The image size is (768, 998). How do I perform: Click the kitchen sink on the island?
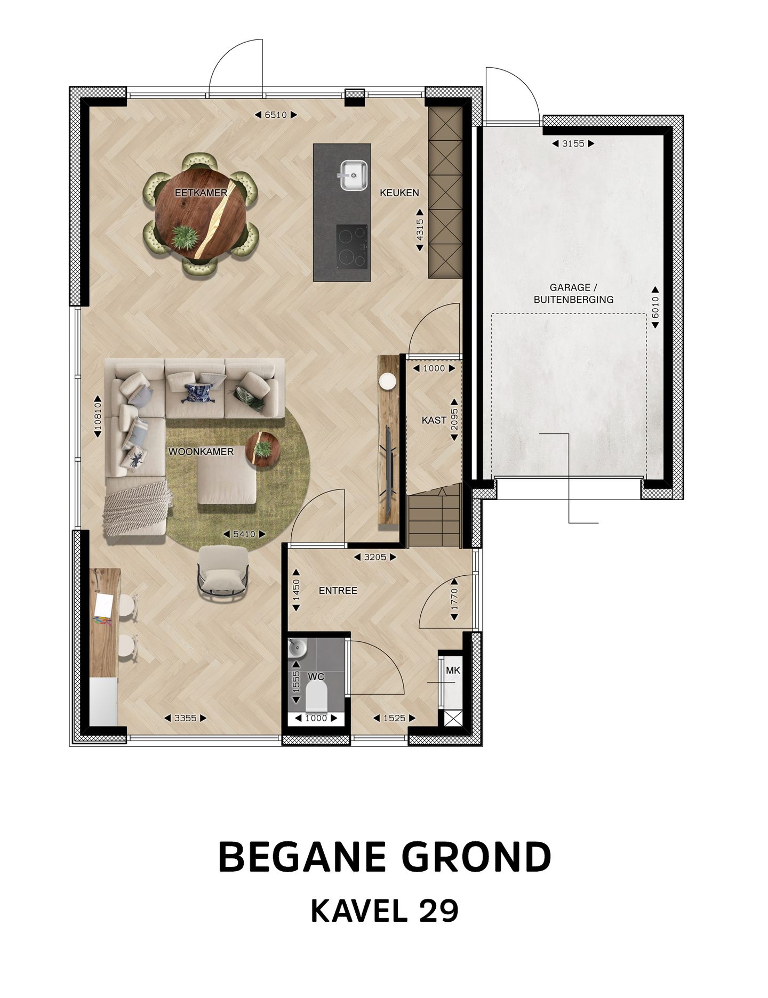(x=353, y=175)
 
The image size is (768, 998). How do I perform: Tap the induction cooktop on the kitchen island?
(x=352, y=246)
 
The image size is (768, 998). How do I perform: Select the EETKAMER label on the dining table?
(x=201, y=193)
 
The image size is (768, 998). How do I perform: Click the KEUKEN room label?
(x=399, y=193)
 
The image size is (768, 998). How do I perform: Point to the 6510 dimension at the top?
(x=276, y=115)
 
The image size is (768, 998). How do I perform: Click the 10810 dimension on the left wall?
(x=98, y=416)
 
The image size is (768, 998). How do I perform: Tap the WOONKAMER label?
(x=201, y=452)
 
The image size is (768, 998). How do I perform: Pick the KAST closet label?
(x=434, y=420)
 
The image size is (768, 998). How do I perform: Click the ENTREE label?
(x=338, y=591)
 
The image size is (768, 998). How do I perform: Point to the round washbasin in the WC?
(x=297, y=648)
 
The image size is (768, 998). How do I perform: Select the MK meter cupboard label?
(x=453, y=671)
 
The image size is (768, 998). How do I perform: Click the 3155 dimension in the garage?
(x=573, y=143)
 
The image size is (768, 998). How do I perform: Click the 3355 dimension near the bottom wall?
(x=186, y=718)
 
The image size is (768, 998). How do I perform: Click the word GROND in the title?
(x=476, y=857)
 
